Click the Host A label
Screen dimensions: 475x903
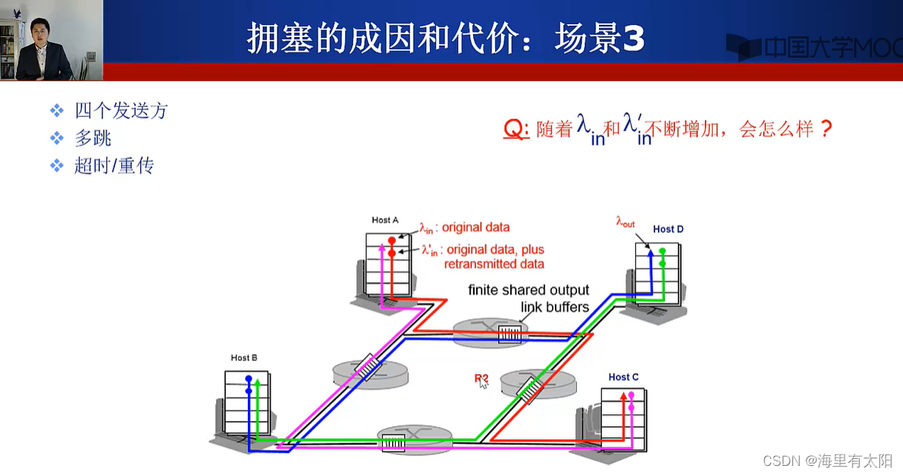[385, 220]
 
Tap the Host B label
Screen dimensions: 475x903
[244, 357]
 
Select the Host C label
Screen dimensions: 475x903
[623, 377]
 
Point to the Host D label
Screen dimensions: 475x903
[668, 228]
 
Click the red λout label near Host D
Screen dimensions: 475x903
[626, 223]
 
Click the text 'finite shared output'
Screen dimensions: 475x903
[528, 290]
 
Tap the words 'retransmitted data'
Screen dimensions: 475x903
[494, 264]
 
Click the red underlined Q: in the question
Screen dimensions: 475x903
[516, 130]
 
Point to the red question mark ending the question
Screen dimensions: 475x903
[826, 129]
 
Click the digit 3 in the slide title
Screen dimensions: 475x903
[632, 39]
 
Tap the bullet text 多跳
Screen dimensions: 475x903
[93, 138]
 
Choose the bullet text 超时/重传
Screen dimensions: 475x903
[114, 165]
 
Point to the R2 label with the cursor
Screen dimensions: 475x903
[481, 378]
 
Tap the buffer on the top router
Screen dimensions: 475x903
[510, 334]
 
